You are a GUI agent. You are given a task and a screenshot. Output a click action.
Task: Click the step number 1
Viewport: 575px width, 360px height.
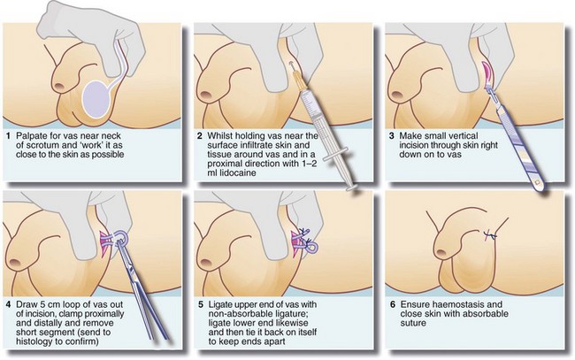(9, 136)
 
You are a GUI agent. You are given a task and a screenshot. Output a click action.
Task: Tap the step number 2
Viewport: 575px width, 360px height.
(200, 136)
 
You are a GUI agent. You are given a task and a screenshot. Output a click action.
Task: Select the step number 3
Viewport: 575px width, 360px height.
(392, 136)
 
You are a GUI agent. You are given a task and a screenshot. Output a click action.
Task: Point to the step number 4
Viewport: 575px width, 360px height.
(9, 304)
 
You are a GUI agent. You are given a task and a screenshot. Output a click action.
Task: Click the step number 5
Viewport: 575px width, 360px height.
(200, 304)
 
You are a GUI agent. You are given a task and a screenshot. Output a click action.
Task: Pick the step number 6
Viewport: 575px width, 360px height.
(393, 304)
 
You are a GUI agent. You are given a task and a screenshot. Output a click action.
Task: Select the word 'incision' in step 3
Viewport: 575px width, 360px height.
(414, 145)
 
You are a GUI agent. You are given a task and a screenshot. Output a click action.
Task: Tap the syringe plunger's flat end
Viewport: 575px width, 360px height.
(352, 188)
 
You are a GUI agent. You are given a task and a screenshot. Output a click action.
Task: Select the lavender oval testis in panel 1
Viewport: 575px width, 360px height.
(96, 98)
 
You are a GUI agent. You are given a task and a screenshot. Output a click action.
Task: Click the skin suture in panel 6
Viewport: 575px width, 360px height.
(489, 235)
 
